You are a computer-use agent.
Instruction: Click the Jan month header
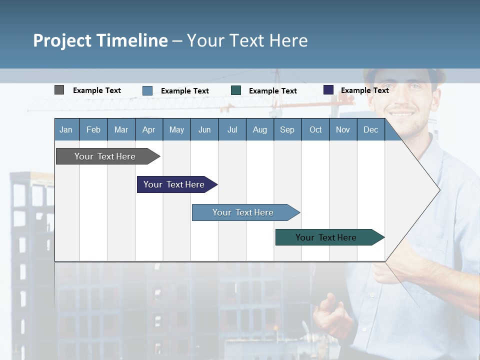(x=66, y=129)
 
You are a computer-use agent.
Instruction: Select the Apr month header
(x=148, y=129)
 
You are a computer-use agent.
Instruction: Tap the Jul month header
(x=232, y=129)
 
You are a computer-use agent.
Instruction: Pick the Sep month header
(x=287, y=129)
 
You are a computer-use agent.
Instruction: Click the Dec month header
(x=370, y=129)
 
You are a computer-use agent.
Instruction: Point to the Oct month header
(x=315, y=129)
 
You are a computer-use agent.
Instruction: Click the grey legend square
(x=59, y=90)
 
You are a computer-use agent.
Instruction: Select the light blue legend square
(x=147, y=90)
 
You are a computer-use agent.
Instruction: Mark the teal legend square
(x=236, y=90)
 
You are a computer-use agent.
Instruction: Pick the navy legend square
(x=328, y=90)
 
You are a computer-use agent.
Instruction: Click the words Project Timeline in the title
(x=100, y=40)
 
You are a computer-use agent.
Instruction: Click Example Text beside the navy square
(x=364, y=90)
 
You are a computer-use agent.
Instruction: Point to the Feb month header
(x=93, y=129)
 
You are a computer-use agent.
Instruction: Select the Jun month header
(x=204, y=129)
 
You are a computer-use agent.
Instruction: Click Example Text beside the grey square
(x=97, y=90)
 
